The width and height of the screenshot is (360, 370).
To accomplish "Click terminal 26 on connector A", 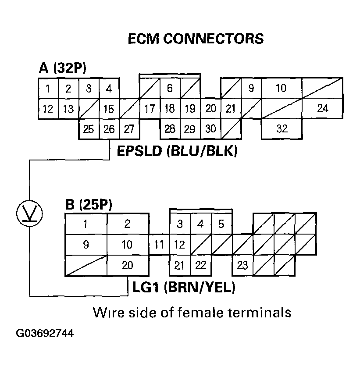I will click(x=109, y=129).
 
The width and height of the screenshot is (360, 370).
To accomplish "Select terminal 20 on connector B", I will click(x=127, y=266).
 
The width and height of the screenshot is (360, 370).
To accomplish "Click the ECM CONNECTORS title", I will click(x=196, y=39).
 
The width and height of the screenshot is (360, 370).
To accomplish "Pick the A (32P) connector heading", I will click(x=63, y=68).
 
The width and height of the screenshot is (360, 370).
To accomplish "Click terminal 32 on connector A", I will click(x=282, y=129).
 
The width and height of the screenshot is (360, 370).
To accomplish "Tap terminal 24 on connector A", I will click(x=323, y=108).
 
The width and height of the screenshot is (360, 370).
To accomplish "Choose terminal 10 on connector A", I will click(x=281, y=88).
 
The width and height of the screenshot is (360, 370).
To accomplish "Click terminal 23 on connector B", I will click(x=242, y=266).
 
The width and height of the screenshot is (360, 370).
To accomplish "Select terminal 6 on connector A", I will click(x=170, y=88).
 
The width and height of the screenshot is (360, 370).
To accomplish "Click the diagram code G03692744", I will click(x=45, y=334).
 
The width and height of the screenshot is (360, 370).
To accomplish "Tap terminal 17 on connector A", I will click(x=150, y=108).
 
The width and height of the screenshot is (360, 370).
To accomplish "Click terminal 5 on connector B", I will click(x=221, y=224).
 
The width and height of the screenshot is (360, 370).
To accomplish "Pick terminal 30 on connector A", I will click(x=210, y=129).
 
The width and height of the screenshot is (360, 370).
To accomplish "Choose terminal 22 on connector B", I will click(x=200, y=266).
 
